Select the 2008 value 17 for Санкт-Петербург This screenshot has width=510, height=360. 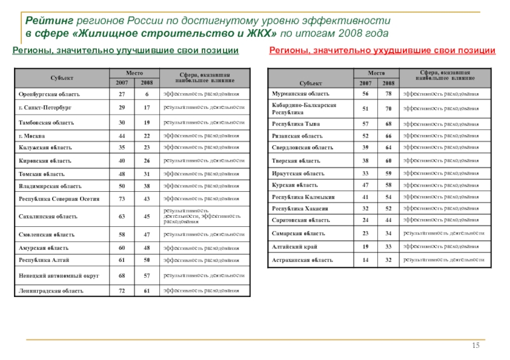tap(147, 108)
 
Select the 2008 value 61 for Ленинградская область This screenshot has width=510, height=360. tap(147, 291)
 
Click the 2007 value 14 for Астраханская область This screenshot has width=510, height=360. tap(366, 260)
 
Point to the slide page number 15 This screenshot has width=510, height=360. tap(476, 345)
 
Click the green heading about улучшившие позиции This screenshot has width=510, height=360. tap(126, 50)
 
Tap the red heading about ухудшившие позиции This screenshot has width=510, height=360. tap(382, 50)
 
